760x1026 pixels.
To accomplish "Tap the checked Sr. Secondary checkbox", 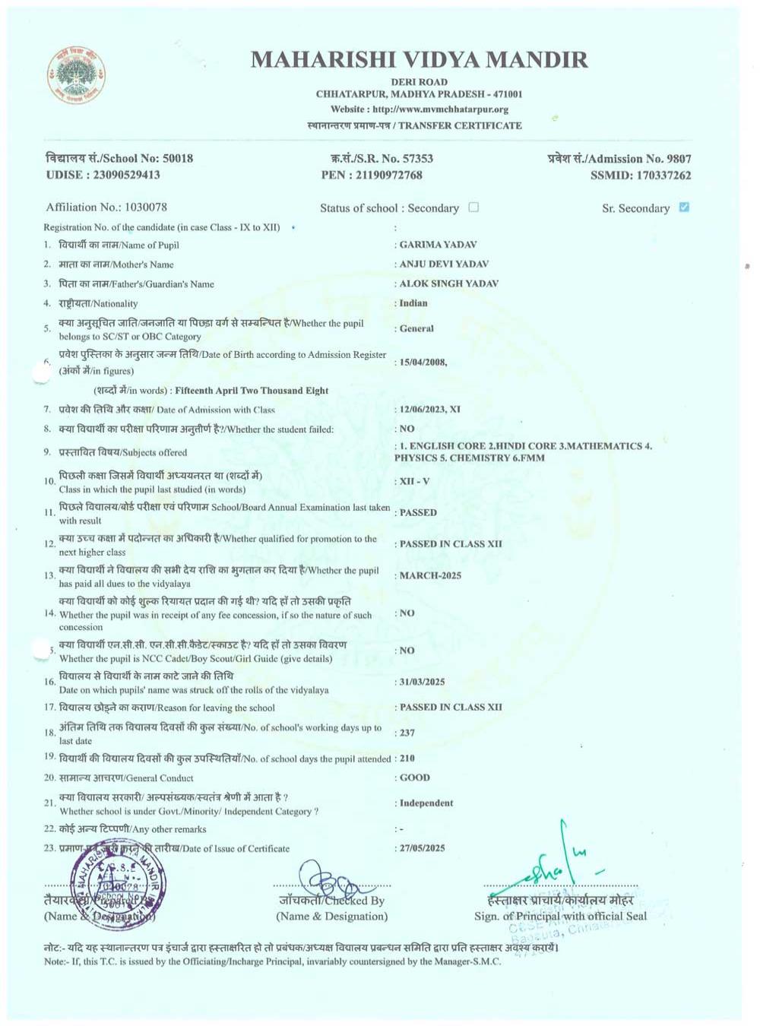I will coord(684,207).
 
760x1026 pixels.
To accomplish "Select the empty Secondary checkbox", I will coord(473,207).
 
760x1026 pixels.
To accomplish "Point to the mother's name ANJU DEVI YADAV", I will coord(444,264).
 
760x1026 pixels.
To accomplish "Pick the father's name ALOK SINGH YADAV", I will coord(448,283).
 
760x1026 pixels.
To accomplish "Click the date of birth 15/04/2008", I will coord(423,363).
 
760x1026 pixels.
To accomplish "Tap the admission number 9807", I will coord(679,159).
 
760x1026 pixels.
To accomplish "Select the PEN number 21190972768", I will coord(388,175).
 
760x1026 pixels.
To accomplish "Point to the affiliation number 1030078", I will coord(145,207).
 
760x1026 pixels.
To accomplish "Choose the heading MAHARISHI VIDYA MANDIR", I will coord(419,59).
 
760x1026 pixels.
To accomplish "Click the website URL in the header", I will coord(440,109).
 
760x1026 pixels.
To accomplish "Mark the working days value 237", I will coord(407,733).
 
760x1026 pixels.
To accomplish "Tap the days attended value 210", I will coord(407,758).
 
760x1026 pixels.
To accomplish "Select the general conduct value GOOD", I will coord(415,777).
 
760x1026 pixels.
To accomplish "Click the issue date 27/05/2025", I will coord(423,848).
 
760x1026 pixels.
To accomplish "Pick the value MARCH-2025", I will coord(430,575).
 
